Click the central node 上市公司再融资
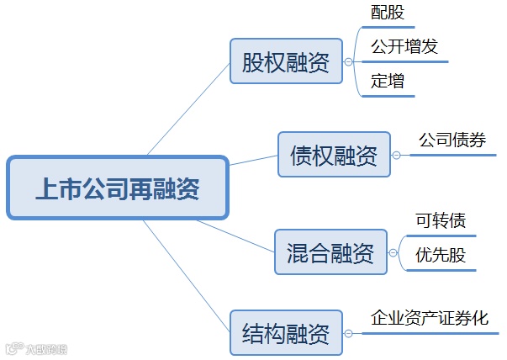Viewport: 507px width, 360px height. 117,188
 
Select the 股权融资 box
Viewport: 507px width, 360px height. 286,61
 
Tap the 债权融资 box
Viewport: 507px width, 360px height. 334,155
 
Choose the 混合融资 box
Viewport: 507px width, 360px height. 330,251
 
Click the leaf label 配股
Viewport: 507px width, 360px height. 387,14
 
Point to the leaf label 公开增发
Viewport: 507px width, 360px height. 404,46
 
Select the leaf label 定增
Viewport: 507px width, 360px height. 387,82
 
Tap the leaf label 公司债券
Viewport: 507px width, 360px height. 452,140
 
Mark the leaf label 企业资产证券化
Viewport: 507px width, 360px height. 430,318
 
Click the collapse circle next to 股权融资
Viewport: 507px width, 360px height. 348,61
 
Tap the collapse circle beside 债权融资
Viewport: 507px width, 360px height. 396,155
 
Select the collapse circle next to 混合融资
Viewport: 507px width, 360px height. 393,251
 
